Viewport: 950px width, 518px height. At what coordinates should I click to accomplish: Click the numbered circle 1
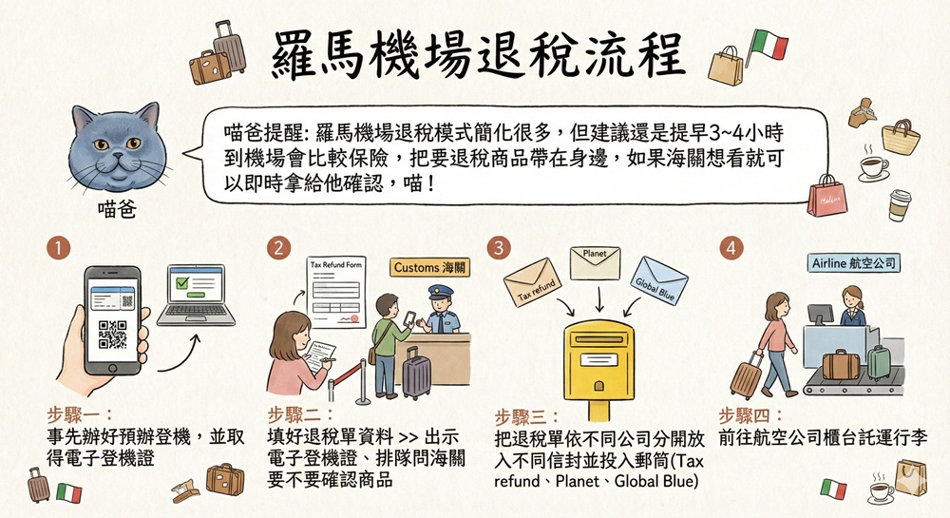(x=59, y=248)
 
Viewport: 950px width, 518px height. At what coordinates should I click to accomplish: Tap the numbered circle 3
(x=500, y=248)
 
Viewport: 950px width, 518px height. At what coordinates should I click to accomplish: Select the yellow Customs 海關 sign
(x=429, y=267)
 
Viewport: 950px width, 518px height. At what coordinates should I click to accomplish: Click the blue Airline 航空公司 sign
(x=854, y=263)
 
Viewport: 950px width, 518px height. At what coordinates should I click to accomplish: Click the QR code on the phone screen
(x=112, y=335)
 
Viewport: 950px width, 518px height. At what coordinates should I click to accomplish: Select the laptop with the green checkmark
(x=196, y=295)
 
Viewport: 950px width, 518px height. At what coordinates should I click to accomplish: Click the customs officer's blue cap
(x=441, y=292)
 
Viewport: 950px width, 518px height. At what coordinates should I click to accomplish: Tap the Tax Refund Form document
(x=336, y=292)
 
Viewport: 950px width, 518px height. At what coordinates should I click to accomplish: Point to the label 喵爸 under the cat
(x=117, y=209)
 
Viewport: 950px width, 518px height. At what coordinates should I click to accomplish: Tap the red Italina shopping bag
(x=827, y=196)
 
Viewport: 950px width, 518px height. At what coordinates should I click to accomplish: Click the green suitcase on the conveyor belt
(x=878, y=362)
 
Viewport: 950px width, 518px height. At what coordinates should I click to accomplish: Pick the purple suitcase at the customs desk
(x=416, y=373)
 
